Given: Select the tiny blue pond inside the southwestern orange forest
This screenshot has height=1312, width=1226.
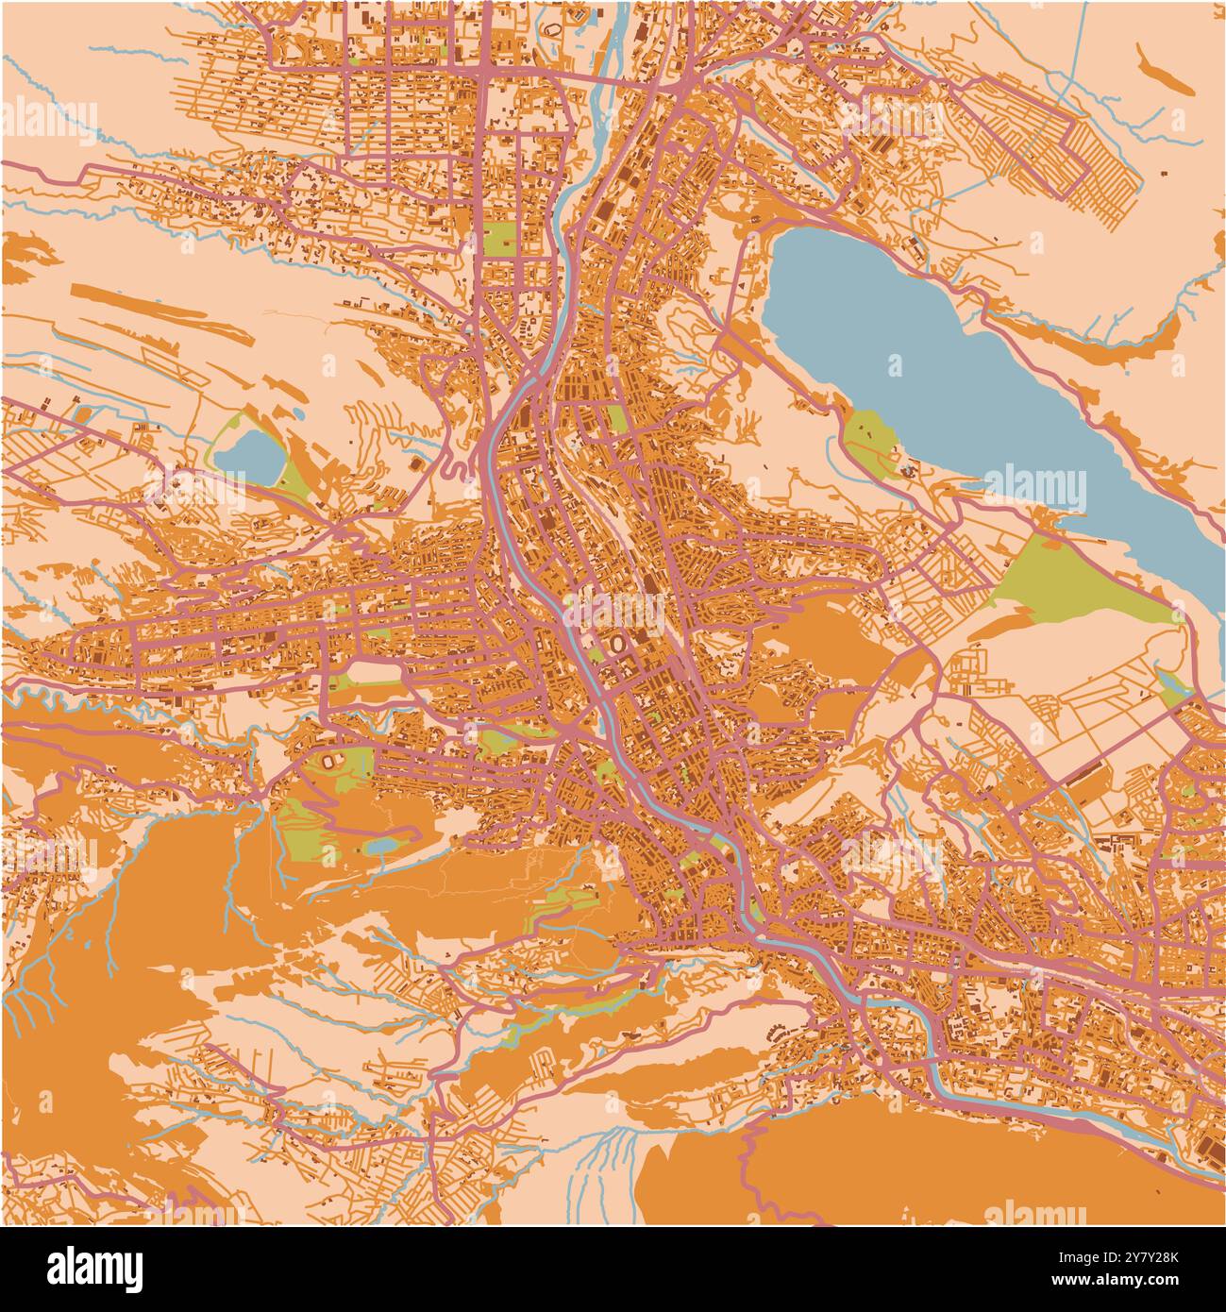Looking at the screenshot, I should [x=382, y=847].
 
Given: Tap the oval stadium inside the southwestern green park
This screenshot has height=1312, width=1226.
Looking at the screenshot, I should [x=332, y=760].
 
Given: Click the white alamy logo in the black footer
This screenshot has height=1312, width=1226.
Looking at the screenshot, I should [x=95, y=1268].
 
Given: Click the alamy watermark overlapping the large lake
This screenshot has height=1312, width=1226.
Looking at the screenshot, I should [x=1035, y=487].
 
